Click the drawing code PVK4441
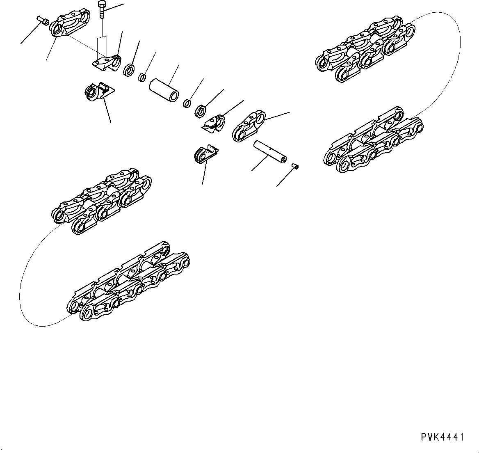(x=442, y=437)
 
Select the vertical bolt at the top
(x=102, y=10)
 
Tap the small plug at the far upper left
(x=41, y=19)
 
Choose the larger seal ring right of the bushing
(x=201, y=110)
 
